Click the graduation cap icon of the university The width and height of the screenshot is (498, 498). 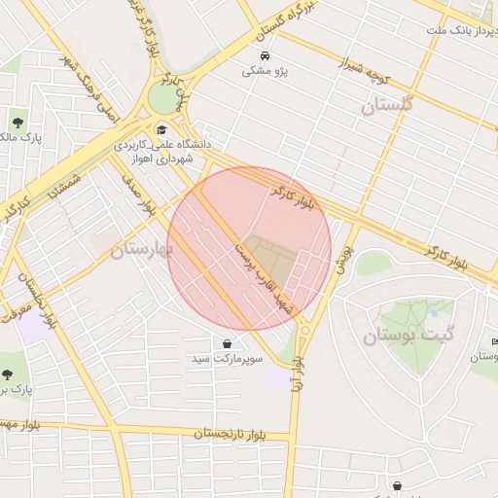[160, 129]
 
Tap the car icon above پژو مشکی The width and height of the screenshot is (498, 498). [265, 54]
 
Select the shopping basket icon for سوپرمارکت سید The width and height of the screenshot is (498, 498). [227, 343]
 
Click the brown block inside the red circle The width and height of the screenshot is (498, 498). [268, 255]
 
